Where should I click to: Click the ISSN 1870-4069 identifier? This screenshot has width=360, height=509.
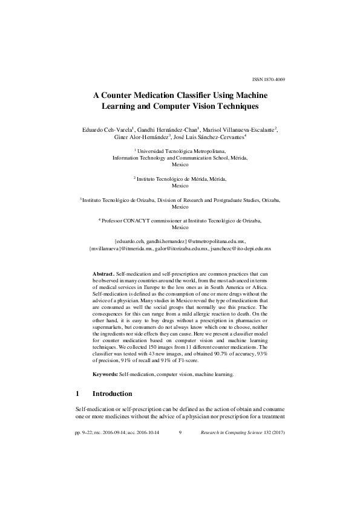click(x=268, y=80)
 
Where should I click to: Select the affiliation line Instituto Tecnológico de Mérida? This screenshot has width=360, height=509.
click(x=180, y=180)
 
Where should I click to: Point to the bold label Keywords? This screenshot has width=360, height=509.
click(x=105, y=375)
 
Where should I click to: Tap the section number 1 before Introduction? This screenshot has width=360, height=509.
click(x=76, y=394)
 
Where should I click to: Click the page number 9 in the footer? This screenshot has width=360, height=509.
click(x=180, y=433)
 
